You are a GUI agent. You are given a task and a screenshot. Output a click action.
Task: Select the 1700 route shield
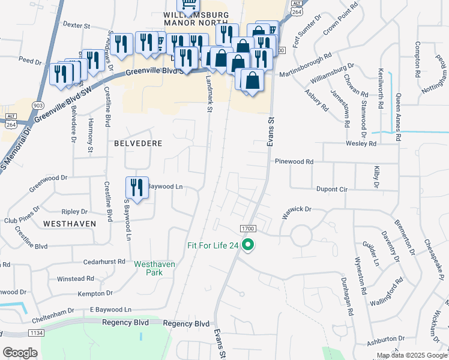coord(248,229)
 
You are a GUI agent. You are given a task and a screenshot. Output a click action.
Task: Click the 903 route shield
coord(38,105)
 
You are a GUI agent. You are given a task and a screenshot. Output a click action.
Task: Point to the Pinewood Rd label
coord(294,162)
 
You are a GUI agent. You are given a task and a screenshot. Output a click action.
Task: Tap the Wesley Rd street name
coord(360,144)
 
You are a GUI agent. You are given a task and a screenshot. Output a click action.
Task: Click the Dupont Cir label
coord(332,188)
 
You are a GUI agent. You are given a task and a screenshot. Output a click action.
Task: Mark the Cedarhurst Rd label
coord(104,262)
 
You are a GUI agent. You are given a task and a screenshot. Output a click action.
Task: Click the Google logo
coord(20,353)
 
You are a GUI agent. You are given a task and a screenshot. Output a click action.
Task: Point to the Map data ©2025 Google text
coord(412,355)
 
